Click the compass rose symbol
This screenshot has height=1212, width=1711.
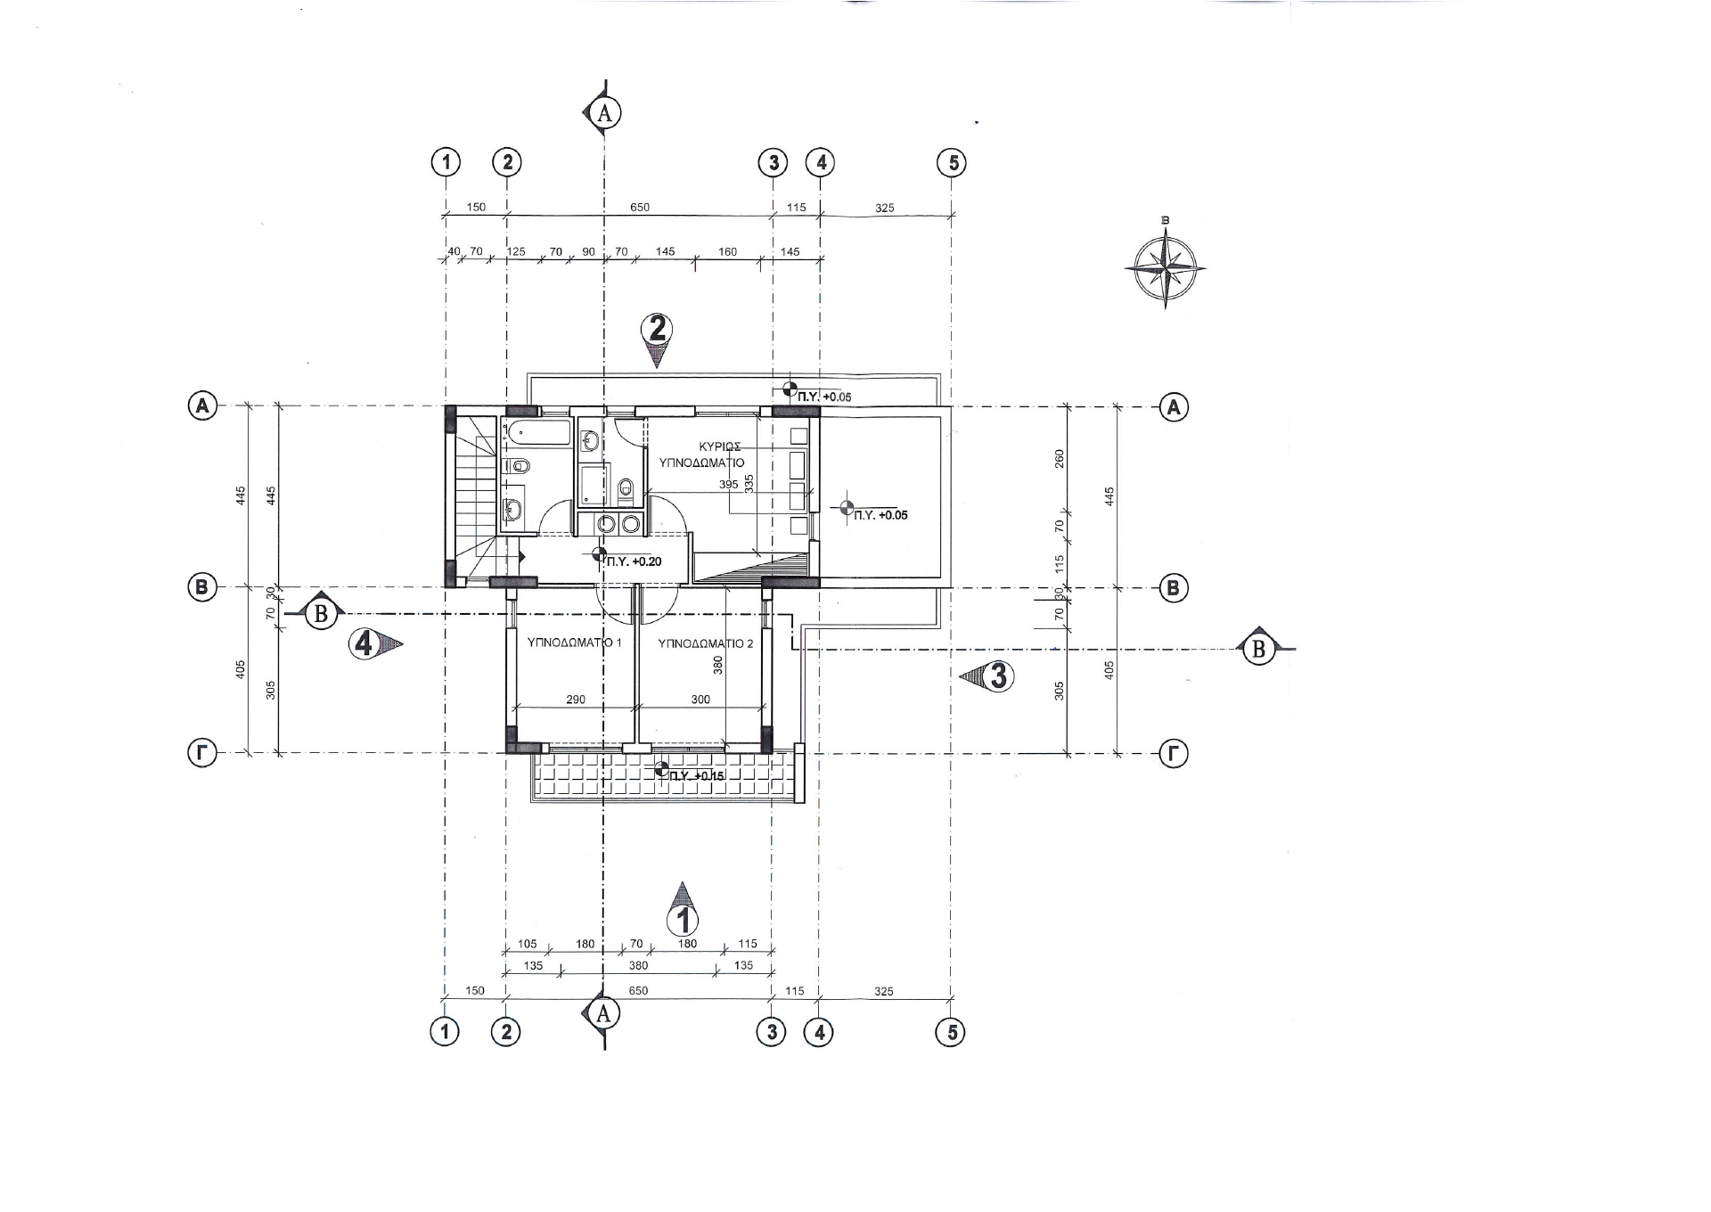(1165, 267)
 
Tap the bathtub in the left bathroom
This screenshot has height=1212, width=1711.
(536, 434)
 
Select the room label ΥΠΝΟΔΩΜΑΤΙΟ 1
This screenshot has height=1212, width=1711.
(575, 643)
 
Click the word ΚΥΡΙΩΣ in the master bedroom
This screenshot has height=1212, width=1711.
(720, 446)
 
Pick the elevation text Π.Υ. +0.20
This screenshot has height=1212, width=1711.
(634, 561)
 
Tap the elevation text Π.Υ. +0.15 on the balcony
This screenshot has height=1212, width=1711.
(697, 776)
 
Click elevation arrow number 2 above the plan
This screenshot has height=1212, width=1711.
(657, 340)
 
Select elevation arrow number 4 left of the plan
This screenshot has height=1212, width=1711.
(374, 643)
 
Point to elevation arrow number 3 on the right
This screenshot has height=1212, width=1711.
(987, 676)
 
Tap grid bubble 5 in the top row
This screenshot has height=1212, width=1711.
(953, 163)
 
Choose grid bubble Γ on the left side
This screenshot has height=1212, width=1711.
(202, 754)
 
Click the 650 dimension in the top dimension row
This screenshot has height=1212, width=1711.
(640, 208)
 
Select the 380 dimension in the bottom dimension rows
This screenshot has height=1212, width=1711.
(638, 965)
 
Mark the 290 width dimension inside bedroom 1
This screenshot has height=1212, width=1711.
(576, 700)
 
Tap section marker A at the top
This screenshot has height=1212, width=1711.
(602, 112)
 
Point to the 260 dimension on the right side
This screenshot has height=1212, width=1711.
(1060, 458)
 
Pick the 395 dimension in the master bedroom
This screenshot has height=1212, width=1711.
(729, 485)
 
